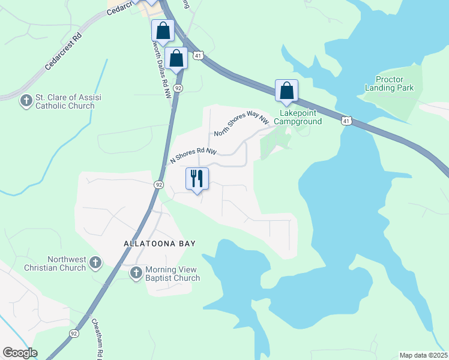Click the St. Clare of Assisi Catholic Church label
pos(65,101)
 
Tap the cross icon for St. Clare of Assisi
pos(26,101)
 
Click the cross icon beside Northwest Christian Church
pos(96,263)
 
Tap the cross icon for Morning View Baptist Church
pos(136,273)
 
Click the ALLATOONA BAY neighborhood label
pos(160,244)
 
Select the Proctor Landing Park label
pos(390,83)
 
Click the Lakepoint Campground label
pos(298,117)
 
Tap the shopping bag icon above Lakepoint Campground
pos(287,91)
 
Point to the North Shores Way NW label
pos(242,125)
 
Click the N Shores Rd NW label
pos(193,156)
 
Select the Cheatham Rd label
pos(95,336)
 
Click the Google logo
pos(20,353)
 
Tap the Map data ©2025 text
pos(423,355)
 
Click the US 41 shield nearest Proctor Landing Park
pos(346,121)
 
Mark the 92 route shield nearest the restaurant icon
pos(159,185)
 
